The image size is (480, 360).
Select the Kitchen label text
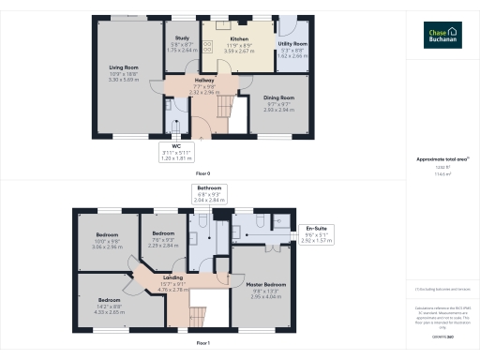tap(239, 39)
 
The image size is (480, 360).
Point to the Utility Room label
tap(292, 44)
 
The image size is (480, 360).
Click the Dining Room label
tap(278, 97)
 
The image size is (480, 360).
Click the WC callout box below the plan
tap(175, 152)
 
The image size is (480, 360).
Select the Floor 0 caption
tap(202, 174)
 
